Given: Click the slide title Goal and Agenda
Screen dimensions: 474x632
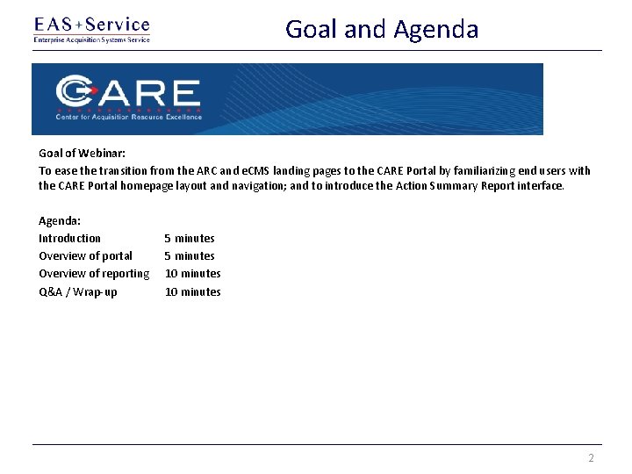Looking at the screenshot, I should click(x=382, y=29).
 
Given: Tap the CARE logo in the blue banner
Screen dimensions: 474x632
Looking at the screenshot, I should click(x=129, y=93).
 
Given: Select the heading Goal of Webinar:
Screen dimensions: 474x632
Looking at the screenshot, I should click(x=82, y=153).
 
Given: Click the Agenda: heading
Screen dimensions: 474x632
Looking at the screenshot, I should click(x=60, y=220).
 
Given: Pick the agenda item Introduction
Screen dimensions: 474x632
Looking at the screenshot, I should click(x=69, y=238).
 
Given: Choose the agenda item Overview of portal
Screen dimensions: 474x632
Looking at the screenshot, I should click(x=85, y=255).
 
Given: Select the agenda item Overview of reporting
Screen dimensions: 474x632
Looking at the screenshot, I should click(x=94, y=273).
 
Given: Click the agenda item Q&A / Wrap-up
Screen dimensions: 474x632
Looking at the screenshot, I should click(x=77, y=291).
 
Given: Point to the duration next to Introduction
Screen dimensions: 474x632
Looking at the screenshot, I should click(x=190, y=238).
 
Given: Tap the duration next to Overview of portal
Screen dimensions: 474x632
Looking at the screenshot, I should click(x=190, y=255).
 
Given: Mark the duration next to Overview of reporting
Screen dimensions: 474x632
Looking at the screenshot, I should click(x=193, y=273).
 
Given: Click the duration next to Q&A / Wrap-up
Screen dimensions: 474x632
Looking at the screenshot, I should click(x=193, y=291).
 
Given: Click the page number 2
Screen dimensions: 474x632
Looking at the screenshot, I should click(x=591, y=458).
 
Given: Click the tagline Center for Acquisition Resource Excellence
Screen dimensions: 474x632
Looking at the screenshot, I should click(x=129, y=117).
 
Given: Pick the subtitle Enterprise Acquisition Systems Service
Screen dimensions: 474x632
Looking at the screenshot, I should click(x=91, y=39).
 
